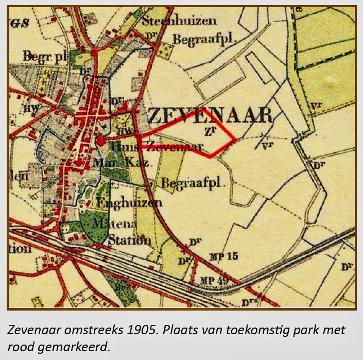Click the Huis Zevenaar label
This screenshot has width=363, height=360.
click(x=152, y=147)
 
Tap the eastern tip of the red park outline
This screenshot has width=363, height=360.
click(x=236, y=139)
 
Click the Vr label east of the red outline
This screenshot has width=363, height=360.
click(x=267, y=145)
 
